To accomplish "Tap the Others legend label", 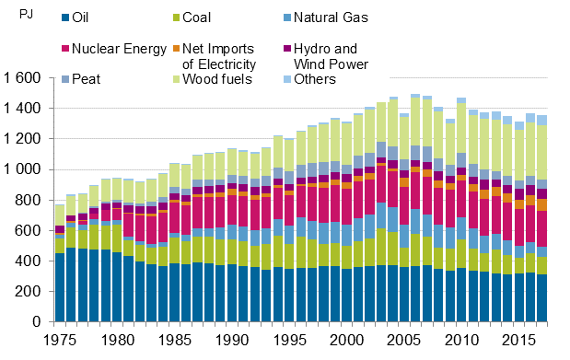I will point(335,79).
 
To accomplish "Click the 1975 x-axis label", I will point(59,341).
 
